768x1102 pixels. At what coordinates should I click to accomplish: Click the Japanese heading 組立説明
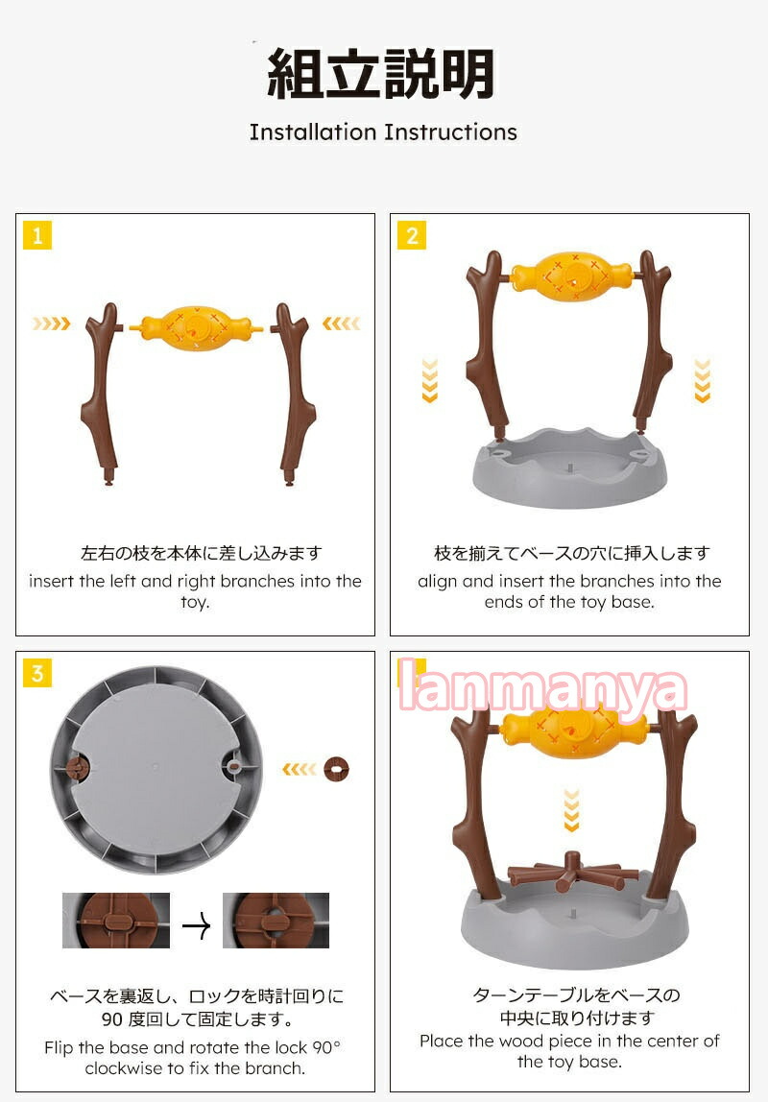381,74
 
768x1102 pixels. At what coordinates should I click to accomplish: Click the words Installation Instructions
384,132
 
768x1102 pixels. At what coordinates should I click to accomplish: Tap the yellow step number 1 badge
37,235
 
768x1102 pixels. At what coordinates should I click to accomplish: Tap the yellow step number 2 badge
412,235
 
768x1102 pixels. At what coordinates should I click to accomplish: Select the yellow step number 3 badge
37,673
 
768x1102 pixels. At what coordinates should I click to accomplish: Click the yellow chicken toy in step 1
196,327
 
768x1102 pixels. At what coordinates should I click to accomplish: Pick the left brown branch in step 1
102,394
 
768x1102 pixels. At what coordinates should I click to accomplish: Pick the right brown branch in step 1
292,394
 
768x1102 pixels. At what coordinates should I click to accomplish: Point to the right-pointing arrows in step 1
51,323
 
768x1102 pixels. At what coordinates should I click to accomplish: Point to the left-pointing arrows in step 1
342,323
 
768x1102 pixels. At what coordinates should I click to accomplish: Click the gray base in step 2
569,467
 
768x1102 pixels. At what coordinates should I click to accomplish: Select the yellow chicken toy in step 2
570,275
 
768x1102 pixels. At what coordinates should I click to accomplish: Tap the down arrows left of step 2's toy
429,380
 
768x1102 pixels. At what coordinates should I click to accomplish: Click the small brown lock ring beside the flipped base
337,770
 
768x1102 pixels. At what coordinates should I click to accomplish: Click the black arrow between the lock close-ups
196,925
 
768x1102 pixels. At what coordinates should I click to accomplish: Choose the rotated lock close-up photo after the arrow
276,920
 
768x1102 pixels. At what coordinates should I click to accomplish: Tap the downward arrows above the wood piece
572,810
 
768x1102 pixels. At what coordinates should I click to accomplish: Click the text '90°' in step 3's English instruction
326,1047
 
